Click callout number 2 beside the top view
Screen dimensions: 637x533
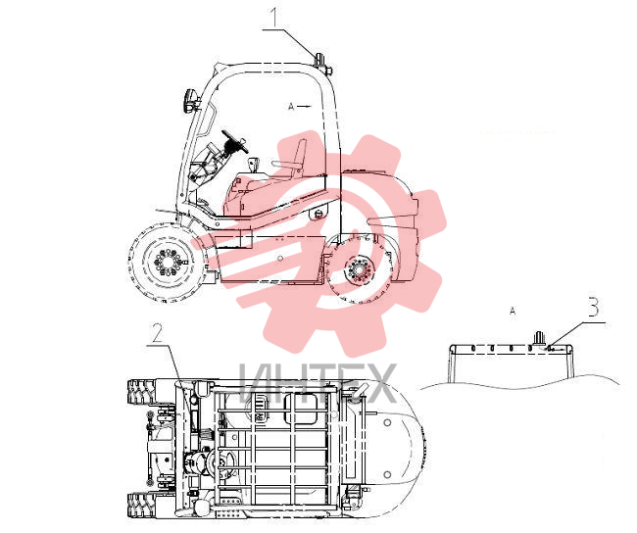[157, 333]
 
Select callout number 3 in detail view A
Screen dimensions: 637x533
[594, 307]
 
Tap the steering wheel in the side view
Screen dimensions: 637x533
[235, 142]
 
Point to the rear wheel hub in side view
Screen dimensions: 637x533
[358, 269]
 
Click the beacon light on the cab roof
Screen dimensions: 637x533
[320, 60]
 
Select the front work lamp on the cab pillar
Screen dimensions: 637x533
[190, 100]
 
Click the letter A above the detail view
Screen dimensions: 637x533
[513, 312]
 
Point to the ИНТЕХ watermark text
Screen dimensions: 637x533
[318, 382]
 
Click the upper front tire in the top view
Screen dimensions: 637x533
[141, 392]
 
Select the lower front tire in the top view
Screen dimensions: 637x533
[141, 505]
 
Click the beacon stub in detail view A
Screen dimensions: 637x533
[539, 338]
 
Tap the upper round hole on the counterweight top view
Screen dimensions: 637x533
[387, 423]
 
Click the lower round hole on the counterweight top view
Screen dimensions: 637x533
[387, 474]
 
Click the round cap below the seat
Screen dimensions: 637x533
[319, 213]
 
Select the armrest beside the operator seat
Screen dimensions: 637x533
[284, 164]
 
